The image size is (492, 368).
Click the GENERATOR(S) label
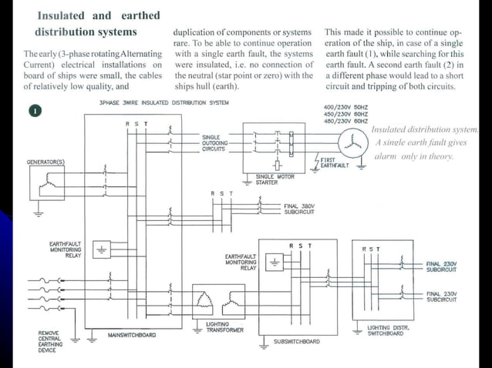click(x=46, y=162)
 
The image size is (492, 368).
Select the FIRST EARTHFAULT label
click(x=334, y=162)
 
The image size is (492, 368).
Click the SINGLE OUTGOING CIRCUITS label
click(x=214, y=142)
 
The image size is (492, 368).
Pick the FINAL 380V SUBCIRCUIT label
click(x=301, y=208)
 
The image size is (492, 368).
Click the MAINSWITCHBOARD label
click(x=131, y=335)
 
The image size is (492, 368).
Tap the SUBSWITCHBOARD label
click(x=296, y=341)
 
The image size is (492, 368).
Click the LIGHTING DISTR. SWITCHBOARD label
click(x=390, y=330)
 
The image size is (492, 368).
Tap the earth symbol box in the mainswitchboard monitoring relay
click(x=101, y=249)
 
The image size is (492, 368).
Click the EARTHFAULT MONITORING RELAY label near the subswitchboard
click(x=241, y=262)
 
